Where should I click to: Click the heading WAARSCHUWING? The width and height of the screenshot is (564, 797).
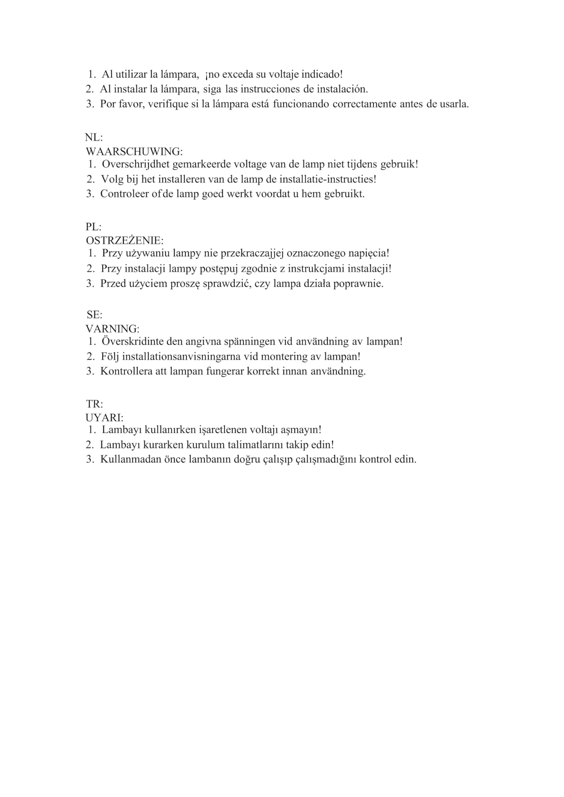[134, 152]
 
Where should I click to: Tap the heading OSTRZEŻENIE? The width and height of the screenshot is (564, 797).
[124, 241]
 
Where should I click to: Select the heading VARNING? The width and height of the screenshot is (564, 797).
[112, 329]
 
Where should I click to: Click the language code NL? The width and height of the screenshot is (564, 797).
[94, 138]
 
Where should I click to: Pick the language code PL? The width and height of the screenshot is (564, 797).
[93, 227]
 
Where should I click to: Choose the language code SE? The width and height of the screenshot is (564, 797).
[94, 315]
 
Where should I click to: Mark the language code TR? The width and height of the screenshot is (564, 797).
[94, 404]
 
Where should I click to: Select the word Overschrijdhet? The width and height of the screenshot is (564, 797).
[136, 164]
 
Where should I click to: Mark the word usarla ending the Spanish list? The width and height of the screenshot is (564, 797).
[454, 104]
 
